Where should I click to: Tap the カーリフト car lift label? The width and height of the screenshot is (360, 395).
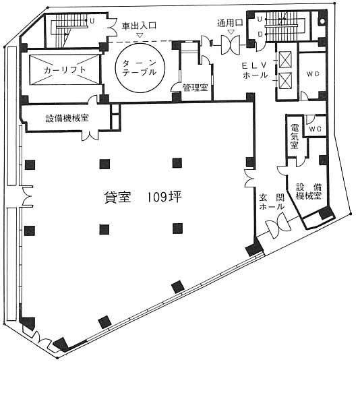tap(65, 70)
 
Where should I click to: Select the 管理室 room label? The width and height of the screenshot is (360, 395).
tap(196, 88)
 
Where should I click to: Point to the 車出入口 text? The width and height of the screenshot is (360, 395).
tap(140, 26)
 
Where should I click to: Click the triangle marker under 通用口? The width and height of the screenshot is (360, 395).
tap(231, 32)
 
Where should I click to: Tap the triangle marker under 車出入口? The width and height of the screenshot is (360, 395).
tap(140, 35)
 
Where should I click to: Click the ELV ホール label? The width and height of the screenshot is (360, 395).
tap(254, 70)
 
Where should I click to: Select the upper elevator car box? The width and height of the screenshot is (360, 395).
tap(285, 60)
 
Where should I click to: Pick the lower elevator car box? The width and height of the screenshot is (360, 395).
tap(285, 81)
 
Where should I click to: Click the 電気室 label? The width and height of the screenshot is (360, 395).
tap(295, 136)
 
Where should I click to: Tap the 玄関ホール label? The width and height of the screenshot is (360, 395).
tap(272, 202)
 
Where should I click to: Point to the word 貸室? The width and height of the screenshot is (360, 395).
tap(118, 197)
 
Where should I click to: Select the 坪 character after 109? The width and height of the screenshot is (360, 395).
tap(175, 197)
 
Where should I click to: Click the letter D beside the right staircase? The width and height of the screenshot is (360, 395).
tap(260, 35)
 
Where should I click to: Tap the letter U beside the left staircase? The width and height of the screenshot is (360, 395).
tap(92, 21)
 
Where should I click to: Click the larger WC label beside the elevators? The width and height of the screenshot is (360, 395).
tap(313, 74)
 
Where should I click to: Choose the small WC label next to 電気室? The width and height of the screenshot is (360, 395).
tap(315, 129)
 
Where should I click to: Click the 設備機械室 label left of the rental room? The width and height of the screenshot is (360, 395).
tap(67, 118)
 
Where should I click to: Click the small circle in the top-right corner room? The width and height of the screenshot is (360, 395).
tap(322, 21)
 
